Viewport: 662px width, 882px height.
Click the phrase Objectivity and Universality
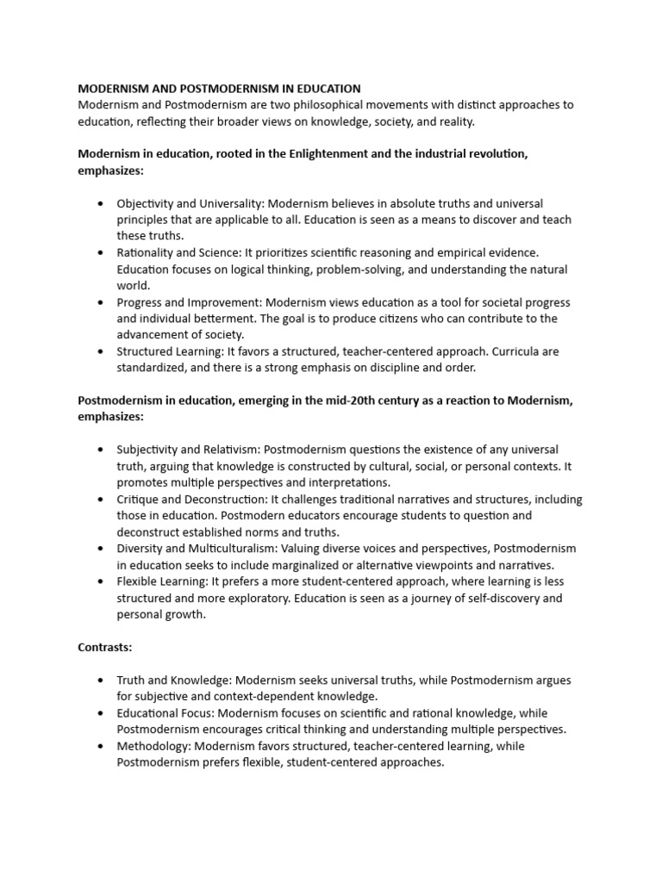190,204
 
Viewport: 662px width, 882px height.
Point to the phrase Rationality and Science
177,253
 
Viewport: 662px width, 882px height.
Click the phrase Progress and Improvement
189,302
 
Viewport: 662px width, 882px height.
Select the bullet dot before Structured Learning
101,351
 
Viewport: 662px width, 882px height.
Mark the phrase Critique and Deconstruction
187,500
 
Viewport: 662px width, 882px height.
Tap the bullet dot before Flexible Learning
101,581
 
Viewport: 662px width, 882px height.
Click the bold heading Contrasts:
104,647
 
